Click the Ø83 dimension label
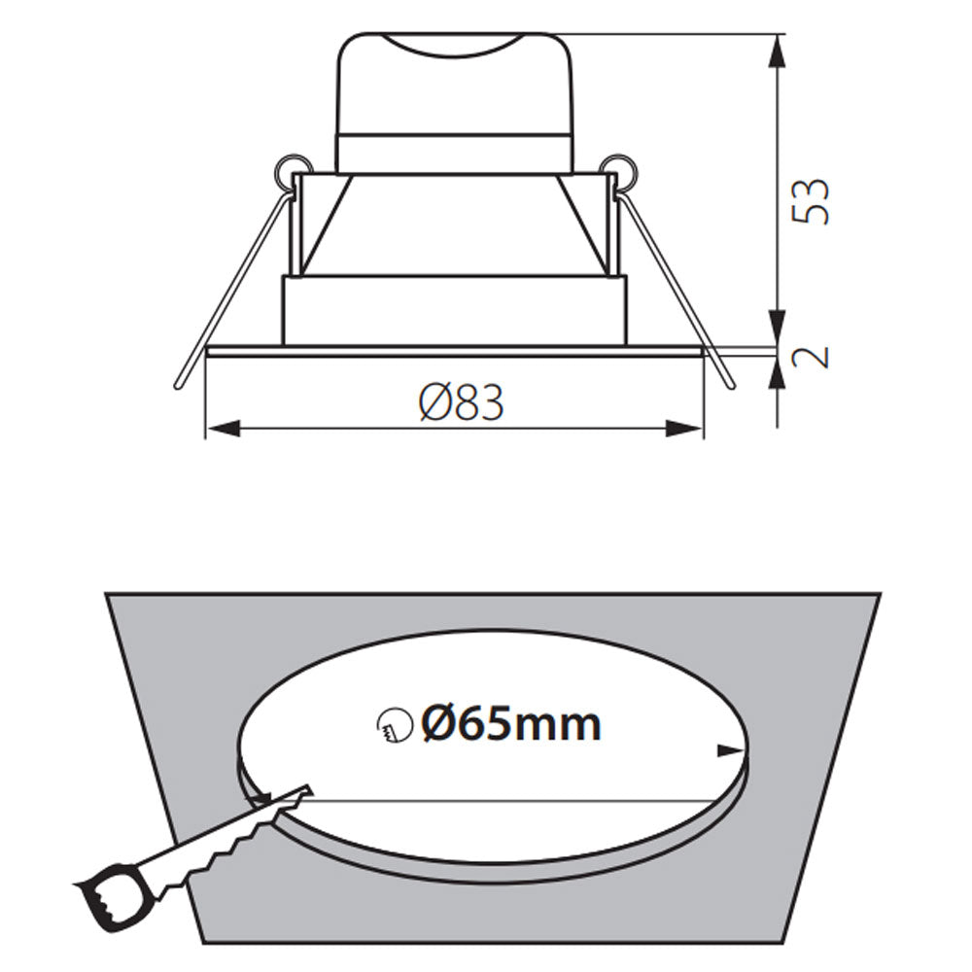pyautogui.click(x=462, y=401)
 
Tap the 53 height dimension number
pyautogui.click(x=811, y=201)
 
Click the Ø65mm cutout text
pyautogui.click(x=511, y=723)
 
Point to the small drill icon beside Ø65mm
pyautogui.click(x=389, y=724)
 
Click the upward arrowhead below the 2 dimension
pyautogui.click(x=779, y=372)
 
